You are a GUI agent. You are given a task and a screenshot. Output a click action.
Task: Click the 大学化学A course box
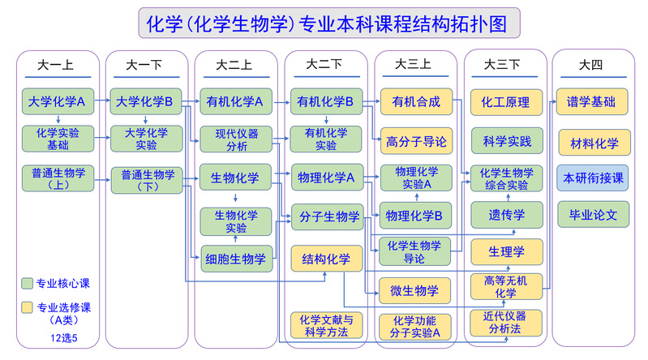(x=57, y=102)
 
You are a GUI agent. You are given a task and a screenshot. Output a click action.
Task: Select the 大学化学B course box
(x=145, y=102)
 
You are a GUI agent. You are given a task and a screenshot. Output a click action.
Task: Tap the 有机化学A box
(x=235, y=102)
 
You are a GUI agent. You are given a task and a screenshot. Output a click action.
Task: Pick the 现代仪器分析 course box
(x=236, y=139)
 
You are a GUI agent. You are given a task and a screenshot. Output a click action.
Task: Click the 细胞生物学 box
(x=236, y=259)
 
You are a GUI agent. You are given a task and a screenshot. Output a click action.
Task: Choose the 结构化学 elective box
(x=326, y=259)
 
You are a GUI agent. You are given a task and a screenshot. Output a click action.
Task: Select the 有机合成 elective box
(x=415, y=102)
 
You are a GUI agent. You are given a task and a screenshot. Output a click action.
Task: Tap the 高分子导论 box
(x=415, y=141)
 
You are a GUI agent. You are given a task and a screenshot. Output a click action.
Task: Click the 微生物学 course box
(x=415, y=290)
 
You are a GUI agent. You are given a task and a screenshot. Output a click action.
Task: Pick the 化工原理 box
(x=506, y=102)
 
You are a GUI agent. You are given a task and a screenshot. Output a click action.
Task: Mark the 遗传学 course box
(x=506, y=215)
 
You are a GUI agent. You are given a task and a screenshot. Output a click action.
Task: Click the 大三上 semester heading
(x=414, y=64)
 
